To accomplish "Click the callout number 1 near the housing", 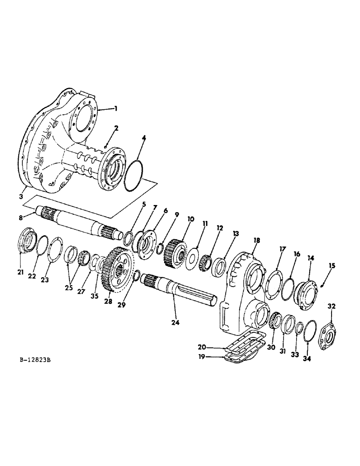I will click(x=116, y=108).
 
